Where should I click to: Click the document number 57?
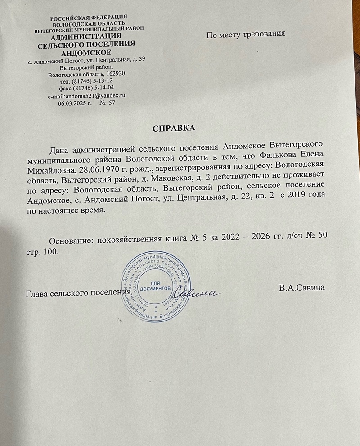(111, 103)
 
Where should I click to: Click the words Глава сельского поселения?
(75, 294)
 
